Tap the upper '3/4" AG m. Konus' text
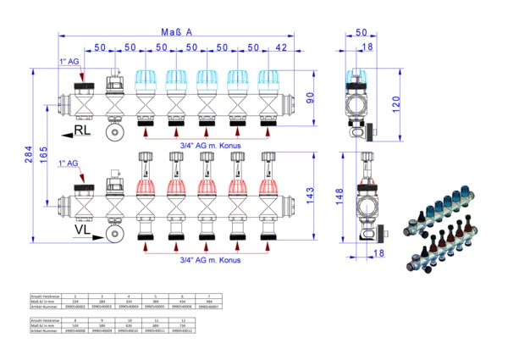(x=210, y=146)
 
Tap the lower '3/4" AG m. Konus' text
(x=210, y=260)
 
